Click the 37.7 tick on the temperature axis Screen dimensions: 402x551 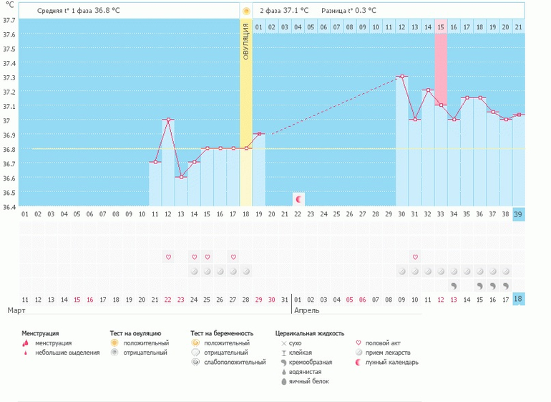pyautogui.click(x=9, y=20)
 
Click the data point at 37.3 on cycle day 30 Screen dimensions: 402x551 pyautogui.click(x=402, y=76)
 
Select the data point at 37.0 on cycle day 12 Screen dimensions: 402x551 pyautogui.click(x=168, y=120)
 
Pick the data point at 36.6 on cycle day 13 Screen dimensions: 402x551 pyautogui.click(x=181, y=177)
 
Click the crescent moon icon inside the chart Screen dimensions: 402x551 pyautogui.click(x=298, y=198)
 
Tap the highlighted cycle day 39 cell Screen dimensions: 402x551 pyautogui.click(x=518, y=215)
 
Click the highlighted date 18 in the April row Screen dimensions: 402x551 pyautogui.click(x=518, y=299)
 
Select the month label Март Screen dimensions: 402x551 pyautogui.click(x=18, y=311)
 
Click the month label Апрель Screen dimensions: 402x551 pyautogui.click(x=307, y=311)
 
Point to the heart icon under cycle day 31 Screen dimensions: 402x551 pyautogui.click(x=415, y=257)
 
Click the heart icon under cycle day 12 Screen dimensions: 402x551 pyautogui.click(x=168, y=257)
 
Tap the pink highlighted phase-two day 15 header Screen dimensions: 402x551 pyautogui.click(x=441, y=27)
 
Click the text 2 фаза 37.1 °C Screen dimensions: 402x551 pyautogui.click(x=284, y=11)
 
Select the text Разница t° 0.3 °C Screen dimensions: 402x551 pyautogui.click(x=348, y=11)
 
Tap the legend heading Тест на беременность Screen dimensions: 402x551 pyautogui.click(x=222, y=333)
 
